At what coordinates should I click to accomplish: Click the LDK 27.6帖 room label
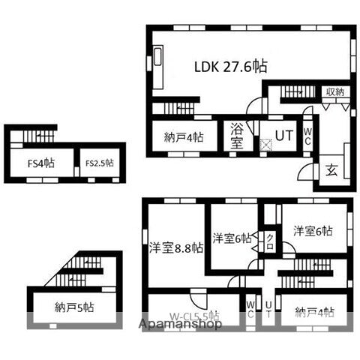(x=230, y=66)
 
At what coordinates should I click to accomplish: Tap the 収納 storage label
(x=335, y=92)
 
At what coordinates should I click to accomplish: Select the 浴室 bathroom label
(x=236, y=135)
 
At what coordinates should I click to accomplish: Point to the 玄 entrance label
(x=331, y=169)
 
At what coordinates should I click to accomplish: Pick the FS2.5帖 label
(x=99, y=161)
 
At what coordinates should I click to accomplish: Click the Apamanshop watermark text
(x=180, y=324)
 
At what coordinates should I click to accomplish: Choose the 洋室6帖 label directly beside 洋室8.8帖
(x=232, y=238)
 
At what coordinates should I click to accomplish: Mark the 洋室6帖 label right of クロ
(x=313, y=231)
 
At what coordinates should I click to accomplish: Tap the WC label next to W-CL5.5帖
(x=250, y=309)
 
